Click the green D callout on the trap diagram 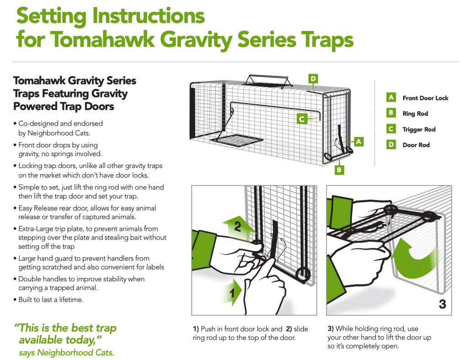313,79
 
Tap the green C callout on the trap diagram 302,119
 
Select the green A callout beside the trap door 358,142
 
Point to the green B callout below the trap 339,170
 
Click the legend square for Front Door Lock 391,97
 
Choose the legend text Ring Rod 415,113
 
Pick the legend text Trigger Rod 419,129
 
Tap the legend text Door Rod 416,145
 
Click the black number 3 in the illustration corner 442,304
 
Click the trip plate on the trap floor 237,140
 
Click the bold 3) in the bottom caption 331,328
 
